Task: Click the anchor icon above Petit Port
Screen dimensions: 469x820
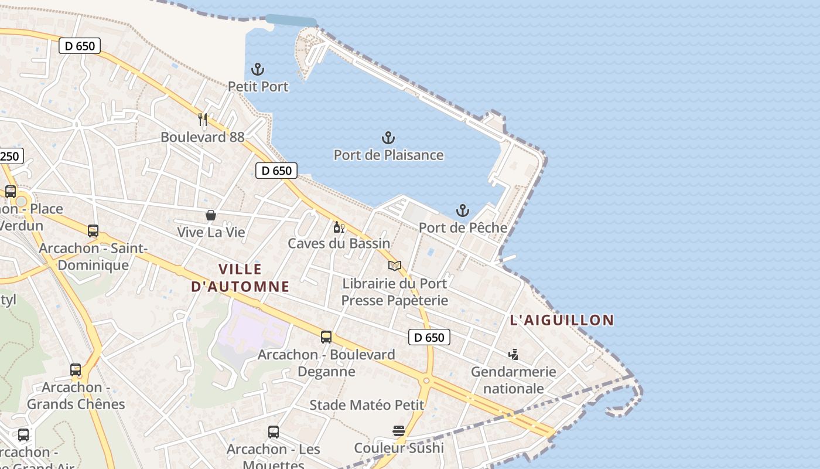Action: (x=258, y=69)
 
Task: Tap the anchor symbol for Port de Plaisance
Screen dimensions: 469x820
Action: (x=388, y=138)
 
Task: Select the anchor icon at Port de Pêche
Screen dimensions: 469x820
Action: (x=463, y=210)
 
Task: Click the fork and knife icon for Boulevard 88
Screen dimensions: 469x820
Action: (x=203, y=120)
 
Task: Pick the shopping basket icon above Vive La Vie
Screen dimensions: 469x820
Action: (x=211, y=215)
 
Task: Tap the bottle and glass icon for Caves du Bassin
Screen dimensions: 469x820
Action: (x=339, y=227)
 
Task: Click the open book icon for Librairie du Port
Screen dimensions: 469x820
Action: (x=395, y=266)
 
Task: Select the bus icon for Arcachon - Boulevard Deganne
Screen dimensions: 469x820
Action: (x=326, y=337)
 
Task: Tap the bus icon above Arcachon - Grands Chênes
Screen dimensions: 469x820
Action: (x=76, y=370)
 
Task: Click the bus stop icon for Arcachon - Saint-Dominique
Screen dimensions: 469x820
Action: (x=93, y=231)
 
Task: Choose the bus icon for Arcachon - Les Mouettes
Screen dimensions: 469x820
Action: (x=274, y=432)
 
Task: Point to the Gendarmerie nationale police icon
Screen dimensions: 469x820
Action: (x=513, y=354)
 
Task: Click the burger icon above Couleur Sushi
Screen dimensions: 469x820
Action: (x=399, y=431)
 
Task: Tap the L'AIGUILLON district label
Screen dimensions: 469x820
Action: (x=562, y=320)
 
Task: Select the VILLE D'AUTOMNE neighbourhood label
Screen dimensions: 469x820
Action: (x=240, y=278)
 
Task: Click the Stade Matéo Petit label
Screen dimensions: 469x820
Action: (x=367, y=405)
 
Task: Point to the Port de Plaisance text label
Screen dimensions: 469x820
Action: (x=388, y=155)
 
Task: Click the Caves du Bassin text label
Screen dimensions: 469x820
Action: (x=339, y=243)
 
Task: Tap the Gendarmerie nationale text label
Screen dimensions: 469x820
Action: (x=513, y=380)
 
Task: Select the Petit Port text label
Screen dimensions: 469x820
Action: (x=258, y=87)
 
